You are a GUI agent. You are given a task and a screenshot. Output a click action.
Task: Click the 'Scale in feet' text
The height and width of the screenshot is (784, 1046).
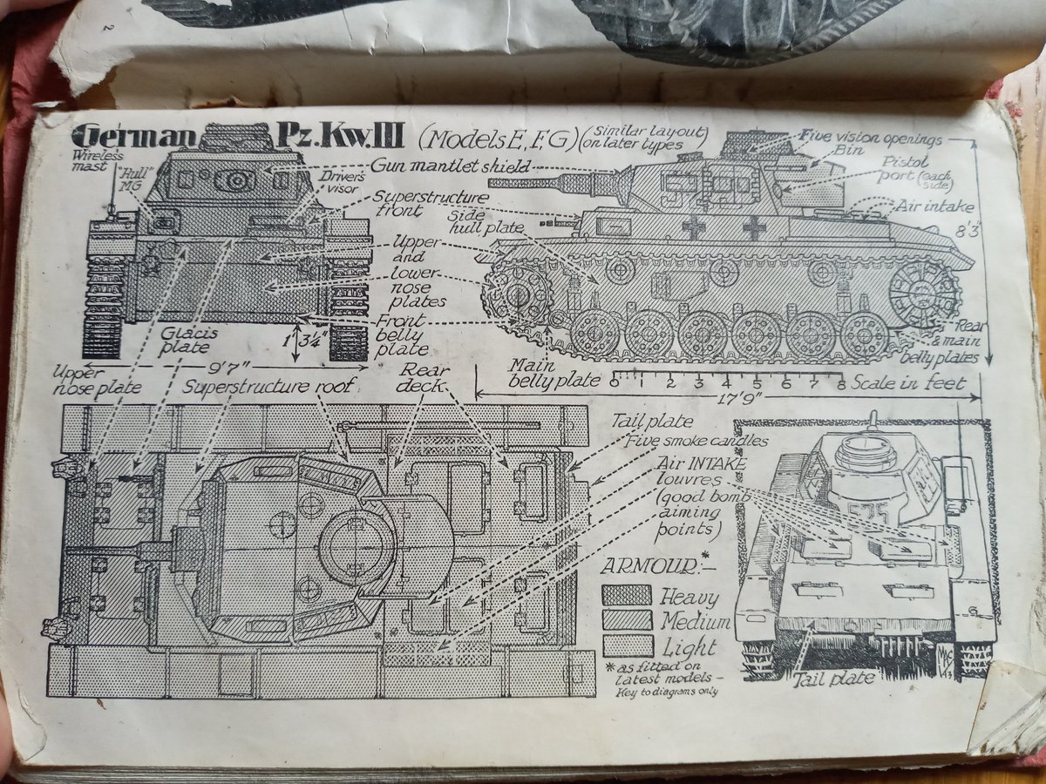pos(908,383)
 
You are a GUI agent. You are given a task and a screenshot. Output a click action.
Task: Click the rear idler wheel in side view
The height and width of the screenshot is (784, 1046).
pos(923,294)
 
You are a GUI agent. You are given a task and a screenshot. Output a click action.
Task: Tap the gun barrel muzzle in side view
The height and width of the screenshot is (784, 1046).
pos(493,183)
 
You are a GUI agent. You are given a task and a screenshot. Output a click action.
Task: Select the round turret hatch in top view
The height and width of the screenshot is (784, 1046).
pos(357,546)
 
